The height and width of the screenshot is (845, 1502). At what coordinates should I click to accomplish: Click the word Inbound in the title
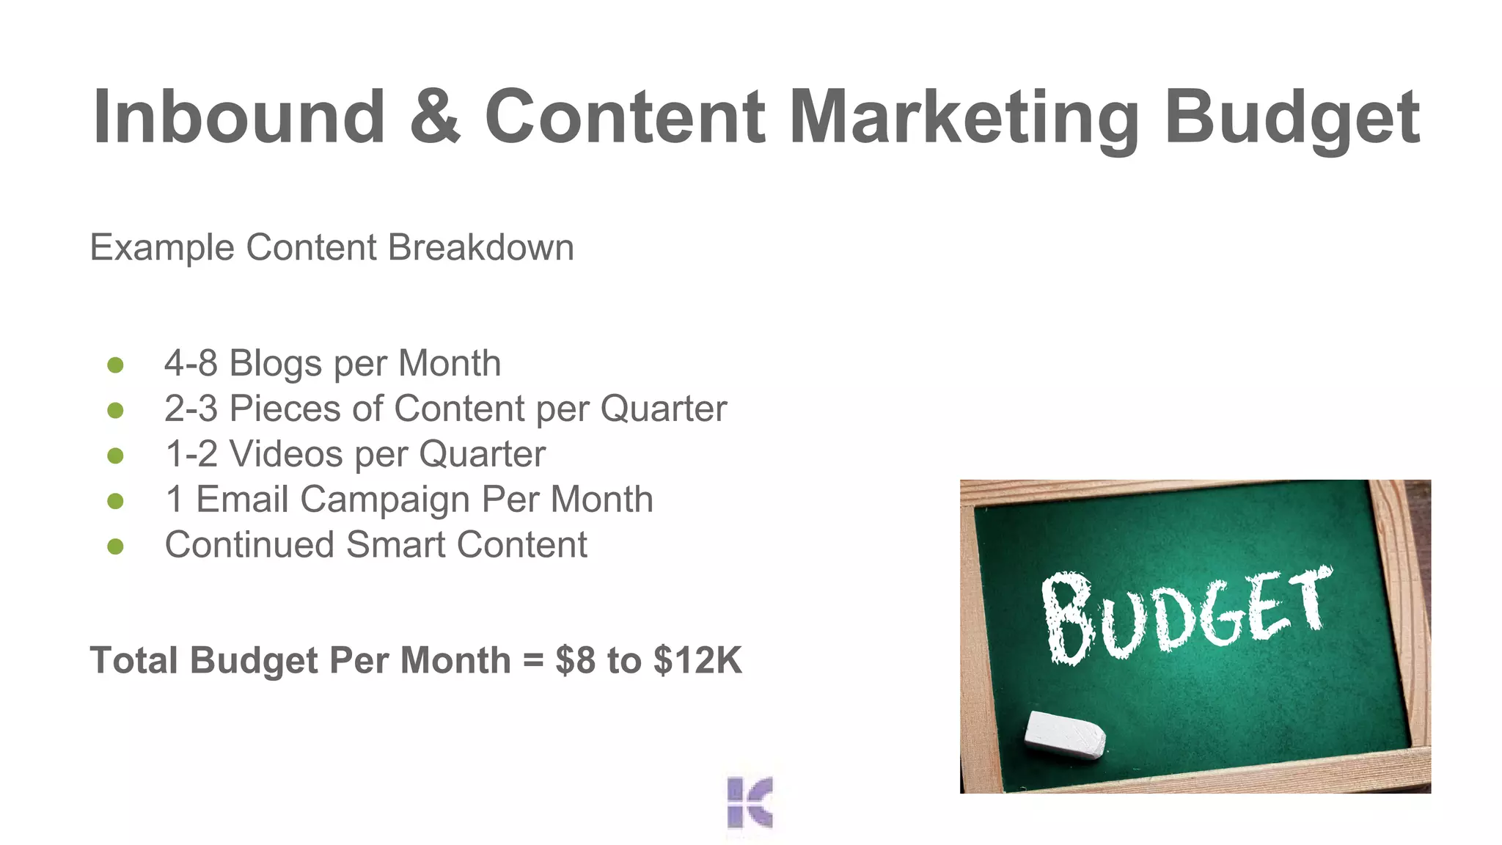(238, 117)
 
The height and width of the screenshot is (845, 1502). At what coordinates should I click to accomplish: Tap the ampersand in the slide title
(435, 117)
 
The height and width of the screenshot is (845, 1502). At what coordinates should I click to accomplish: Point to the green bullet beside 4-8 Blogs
(115, 365)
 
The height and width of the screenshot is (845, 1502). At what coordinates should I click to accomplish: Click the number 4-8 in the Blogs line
(191, 364)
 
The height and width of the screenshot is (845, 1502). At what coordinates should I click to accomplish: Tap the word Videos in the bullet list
(286, 454)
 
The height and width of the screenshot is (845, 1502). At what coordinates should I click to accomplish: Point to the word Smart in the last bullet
(395, 545)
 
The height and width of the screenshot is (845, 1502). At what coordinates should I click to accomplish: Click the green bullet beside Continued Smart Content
(115, 546)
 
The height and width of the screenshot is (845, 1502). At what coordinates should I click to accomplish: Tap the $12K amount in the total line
(697, 660)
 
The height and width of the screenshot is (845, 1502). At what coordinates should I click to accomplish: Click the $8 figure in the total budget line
(575, 660)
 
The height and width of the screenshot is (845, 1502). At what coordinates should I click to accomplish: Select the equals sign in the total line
(533, 661)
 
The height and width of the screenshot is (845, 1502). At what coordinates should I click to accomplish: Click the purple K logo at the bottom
(750, 802)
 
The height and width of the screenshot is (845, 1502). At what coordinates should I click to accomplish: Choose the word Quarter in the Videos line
(482, 454)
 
